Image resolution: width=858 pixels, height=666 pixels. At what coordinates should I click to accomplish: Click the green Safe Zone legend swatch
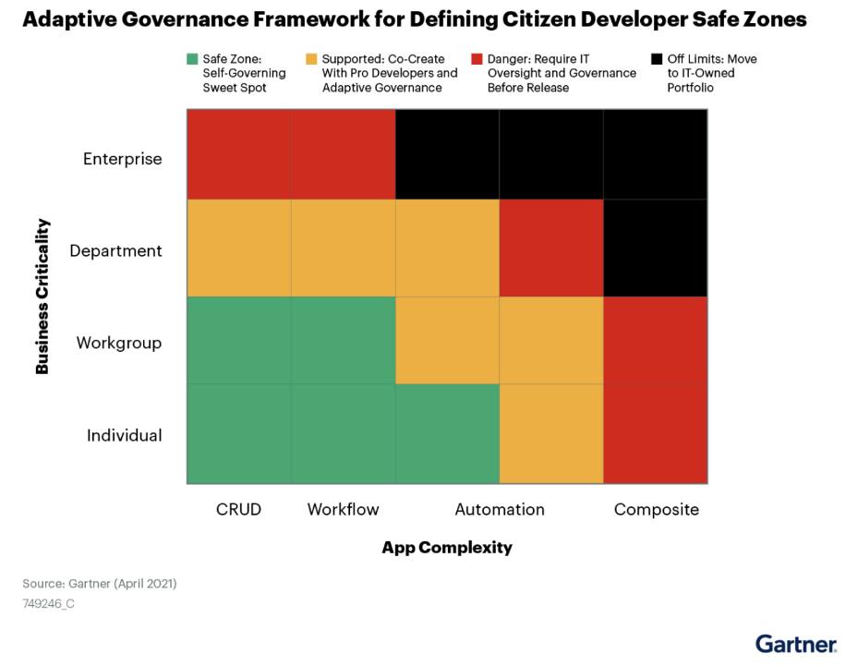coord(192,59)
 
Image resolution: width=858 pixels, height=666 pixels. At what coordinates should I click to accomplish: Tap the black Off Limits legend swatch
coord(656,59)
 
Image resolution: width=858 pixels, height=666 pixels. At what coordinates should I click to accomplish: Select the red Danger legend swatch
coord(477,59)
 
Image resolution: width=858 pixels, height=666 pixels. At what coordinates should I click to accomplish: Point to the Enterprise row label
coord(122,159)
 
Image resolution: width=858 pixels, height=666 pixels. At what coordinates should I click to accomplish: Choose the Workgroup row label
coord(118,343)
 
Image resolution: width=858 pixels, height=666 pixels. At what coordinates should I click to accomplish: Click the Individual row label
coord(124,435)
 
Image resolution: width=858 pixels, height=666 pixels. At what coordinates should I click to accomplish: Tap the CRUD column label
coord(238,509)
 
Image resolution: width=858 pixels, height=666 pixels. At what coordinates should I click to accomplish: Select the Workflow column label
coord(343,509)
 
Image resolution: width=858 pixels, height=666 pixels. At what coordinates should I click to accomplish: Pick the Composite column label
coord(656,509)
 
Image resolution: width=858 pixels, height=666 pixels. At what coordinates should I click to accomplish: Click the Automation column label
coord(499,509)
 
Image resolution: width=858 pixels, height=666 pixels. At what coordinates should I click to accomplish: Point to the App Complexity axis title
coord(446,548)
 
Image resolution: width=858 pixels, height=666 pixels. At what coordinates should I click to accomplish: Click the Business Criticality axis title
coord(42,297)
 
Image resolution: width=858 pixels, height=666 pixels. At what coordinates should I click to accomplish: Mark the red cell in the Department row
coord(551,248)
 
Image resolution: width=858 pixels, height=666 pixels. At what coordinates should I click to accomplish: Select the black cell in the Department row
coord(656,248)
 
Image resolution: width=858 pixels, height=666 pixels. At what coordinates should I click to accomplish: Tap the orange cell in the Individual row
coord(551,434)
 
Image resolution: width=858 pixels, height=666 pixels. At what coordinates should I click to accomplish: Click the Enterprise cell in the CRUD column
coord(238,154)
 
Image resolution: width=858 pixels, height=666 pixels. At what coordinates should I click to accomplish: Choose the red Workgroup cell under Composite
coord(656,341)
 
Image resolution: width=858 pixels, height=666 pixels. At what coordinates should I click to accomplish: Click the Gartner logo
coord(795,643)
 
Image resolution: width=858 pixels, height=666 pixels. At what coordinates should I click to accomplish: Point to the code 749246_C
coord(48,604)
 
